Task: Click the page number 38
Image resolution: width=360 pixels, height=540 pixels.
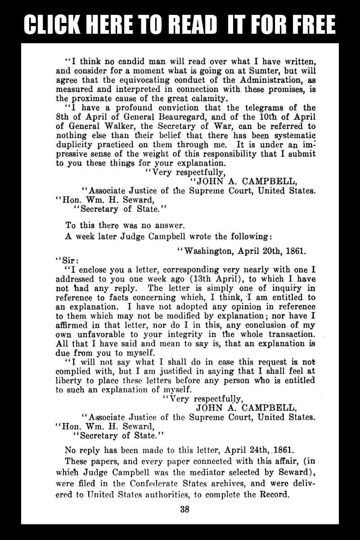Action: pos(184,509)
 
